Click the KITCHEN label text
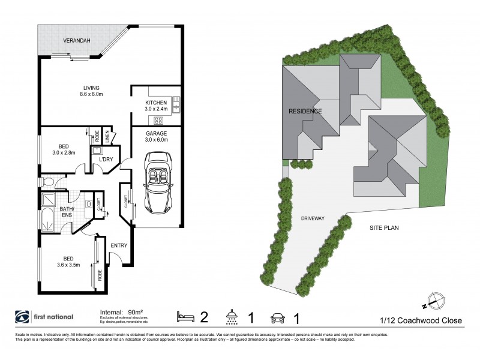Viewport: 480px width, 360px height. pos(156,103)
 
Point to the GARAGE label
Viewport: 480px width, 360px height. pos(156,133)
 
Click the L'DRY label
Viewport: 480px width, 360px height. pos(106,159)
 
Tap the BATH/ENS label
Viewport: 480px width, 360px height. pos(66,211)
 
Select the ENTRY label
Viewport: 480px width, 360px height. pos(119,245)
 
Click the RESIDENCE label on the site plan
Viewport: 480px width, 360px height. pos(305,111)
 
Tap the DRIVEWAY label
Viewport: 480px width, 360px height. pos(313,219)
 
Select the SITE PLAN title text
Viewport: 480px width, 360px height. pos(384,228)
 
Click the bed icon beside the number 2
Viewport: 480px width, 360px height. pos(185,316)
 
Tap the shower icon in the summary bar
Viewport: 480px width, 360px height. pos(230,316)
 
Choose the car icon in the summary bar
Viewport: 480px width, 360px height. pos(277,316)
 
